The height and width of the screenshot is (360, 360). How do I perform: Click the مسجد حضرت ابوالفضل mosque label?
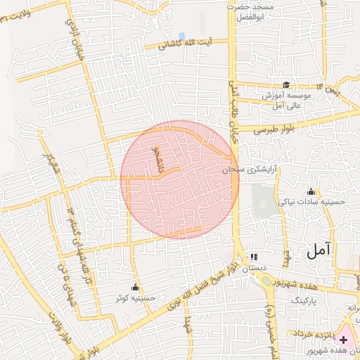tap(255, 11)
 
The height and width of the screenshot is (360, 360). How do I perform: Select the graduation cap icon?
tap(286, 84)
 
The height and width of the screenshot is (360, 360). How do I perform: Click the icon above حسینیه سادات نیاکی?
tap(311, 191)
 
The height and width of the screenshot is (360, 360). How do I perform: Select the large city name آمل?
tap(321, 250)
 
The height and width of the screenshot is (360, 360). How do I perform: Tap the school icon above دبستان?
tap(253, 257)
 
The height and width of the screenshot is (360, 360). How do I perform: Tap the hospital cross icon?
tap(343, 340)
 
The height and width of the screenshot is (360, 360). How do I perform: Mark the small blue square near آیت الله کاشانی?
tap(181, 36)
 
